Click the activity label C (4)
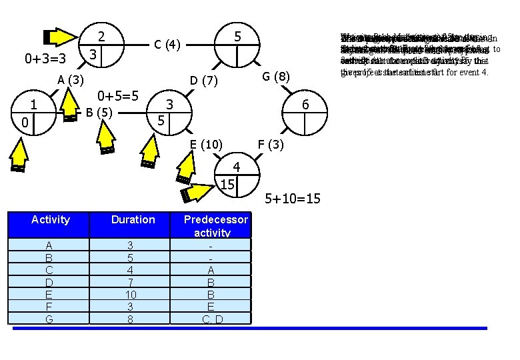tap(167, 45)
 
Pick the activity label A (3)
tap(70, 81)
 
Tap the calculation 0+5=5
tap(118, 96)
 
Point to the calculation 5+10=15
tap(293, 198)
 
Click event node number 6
tap(305, 105)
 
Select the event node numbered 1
tap(33, 105)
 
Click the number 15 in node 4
tap(227, 184)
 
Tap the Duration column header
tap(133, 219)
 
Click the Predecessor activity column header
tap(215, 226)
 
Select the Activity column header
tap(50, 219)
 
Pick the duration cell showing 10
tap(133, 294)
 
